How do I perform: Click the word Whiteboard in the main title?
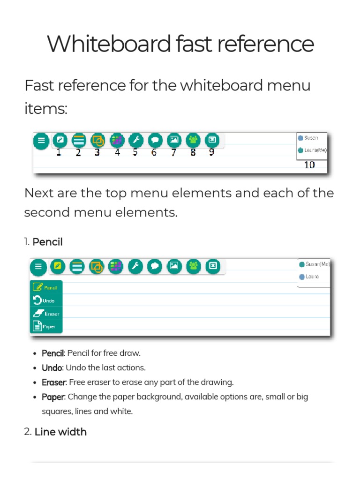[x=109, y=45]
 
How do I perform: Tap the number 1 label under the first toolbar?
[x=59, y=152]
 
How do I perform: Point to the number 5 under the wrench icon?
[x=135, y=152]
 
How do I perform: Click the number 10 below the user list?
[x=309, y=165]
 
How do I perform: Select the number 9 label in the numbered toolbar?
[x=211, y=152]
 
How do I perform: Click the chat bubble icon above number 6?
[x=155, y=140]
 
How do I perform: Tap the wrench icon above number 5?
[x=135, y=140]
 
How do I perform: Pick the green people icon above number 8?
[x=193, y=140]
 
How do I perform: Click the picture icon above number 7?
[x=174, y=140]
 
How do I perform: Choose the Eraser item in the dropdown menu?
[x=46, y=314]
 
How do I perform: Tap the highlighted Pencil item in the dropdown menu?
[x=46, y=287]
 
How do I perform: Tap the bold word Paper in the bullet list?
[x=53, y=397]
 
